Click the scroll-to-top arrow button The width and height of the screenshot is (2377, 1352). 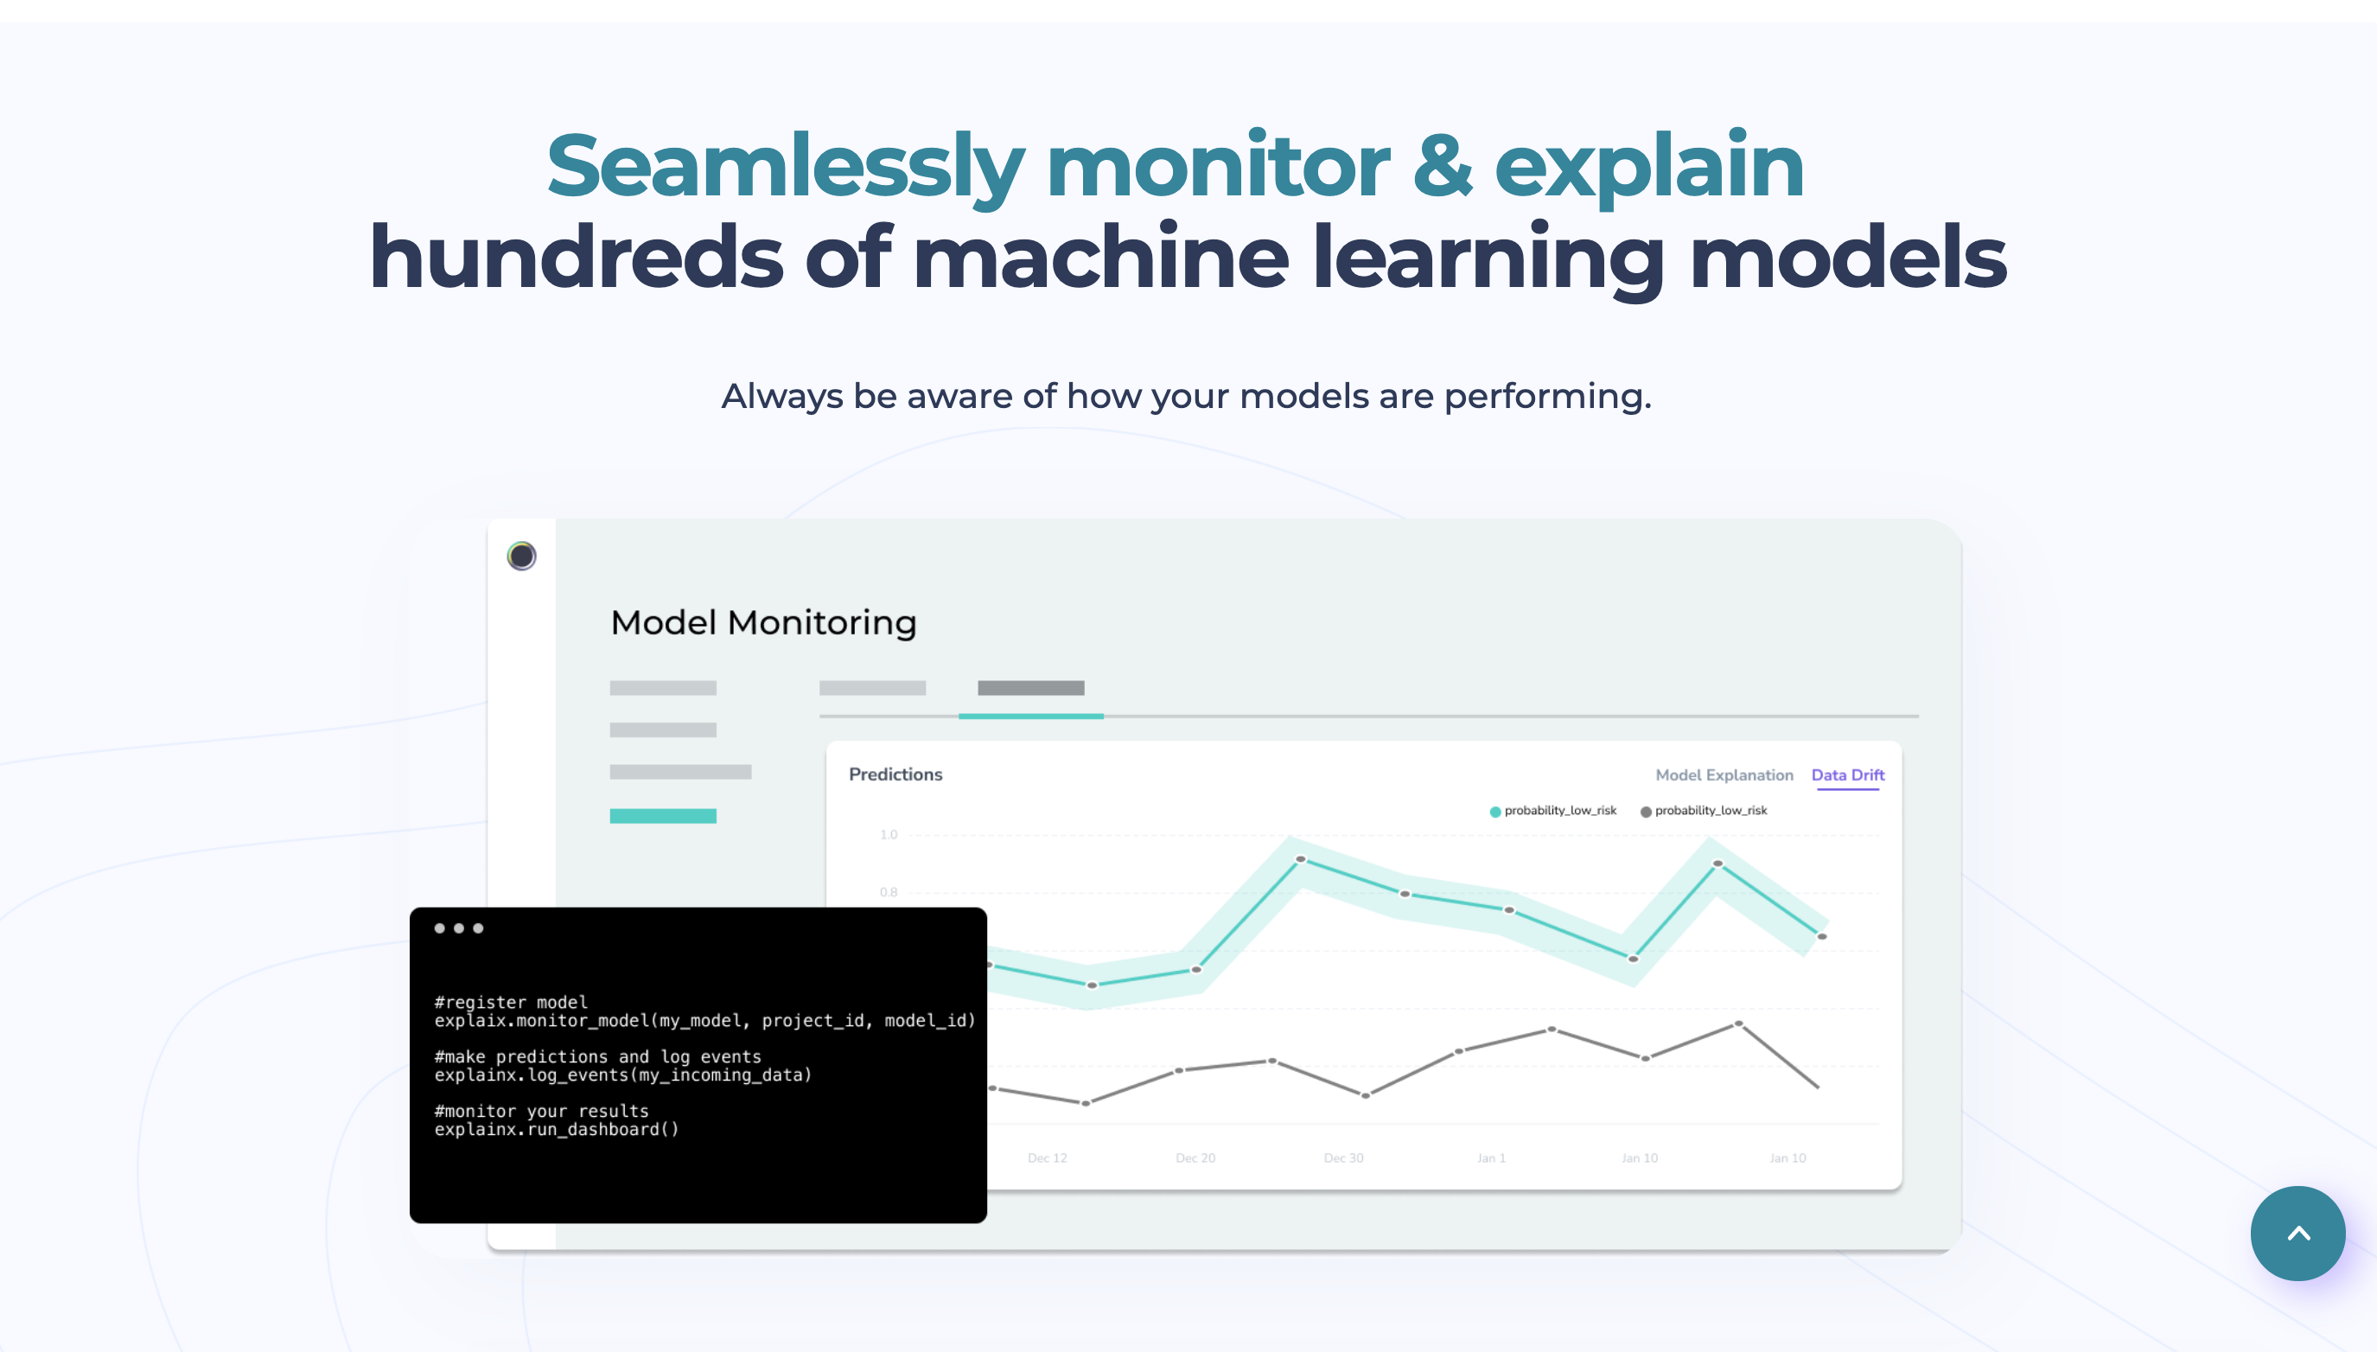(2297, 1234)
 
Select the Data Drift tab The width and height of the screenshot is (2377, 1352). (1848, 775)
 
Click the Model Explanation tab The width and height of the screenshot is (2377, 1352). (1724, 775)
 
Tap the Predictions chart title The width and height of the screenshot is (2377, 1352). (895, 774)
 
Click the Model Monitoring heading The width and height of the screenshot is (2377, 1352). (763, 622)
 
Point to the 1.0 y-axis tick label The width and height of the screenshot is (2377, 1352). (889, 834)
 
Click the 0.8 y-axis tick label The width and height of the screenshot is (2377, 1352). (889, 891)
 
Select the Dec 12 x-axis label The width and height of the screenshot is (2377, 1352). (1048, 1157)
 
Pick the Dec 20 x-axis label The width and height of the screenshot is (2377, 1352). (1195, 1157)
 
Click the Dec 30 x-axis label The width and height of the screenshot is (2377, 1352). (1343, 1157)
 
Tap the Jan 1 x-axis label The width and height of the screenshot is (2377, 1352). (1491, 1157)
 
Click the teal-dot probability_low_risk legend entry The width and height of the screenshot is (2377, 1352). (1552, 811)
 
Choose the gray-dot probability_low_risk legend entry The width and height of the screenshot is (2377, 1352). (1703, 811)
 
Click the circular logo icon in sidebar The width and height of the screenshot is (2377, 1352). (522, 556)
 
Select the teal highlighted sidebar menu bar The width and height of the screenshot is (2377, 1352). (663, 815)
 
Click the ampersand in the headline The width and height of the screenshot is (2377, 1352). (1442, 166)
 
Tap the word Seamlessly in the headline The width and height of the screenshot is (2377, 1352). (786, 168)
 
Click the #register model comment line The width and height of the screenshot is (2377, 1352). (511, 1002)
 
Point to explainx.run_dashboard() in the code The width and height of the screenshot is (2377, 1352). (556, 1129)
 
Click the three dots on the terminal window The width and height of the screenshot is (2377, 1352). (459, 928)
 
